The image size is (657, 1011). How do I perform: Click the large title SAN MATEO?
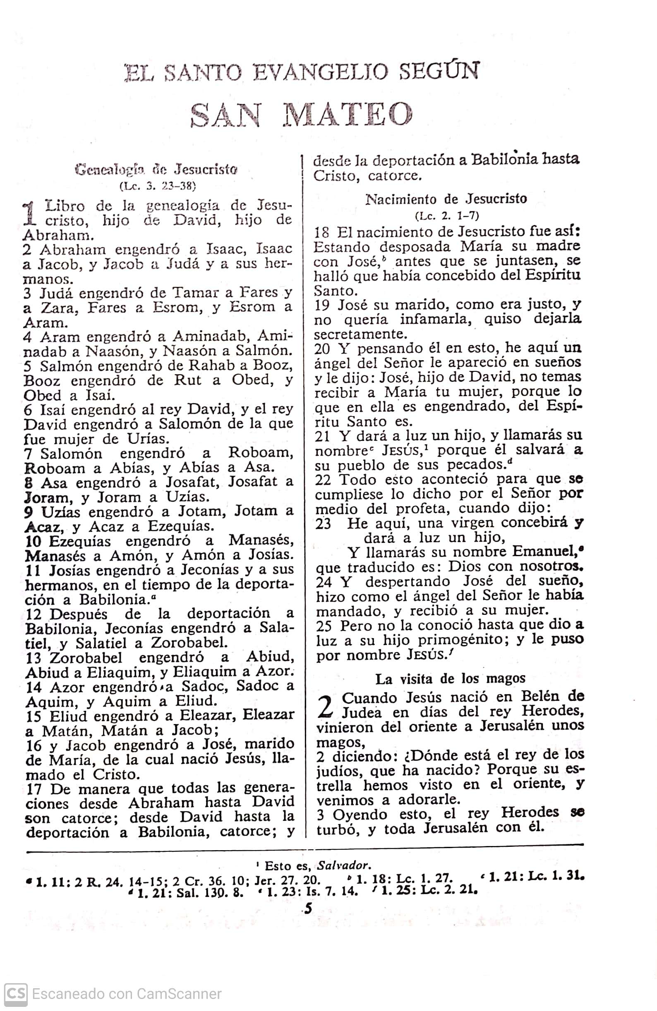click(301, 115)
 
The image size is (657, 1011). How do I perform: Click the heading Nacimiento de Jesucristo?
click(446, 199)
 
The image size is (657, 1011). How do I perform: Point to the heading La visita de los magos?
click(451, 679)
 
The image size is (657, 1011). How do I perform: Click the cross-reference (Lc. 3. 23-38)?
click(158, 186)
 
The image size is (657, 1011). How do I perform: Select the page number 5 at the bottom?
click(308, 908)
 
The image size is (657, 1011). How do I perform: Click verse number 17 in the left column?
click(34, 789)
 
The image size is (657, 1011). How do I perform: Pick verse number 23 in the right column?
click(323, 524)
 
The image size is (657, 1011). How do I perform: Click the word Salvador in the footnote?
click(343, 865)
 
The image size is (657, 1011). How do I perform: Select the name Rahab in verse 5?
click(204, 365)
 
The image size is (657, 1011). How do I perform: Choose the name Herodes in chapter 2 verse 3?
click(530, 812)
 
